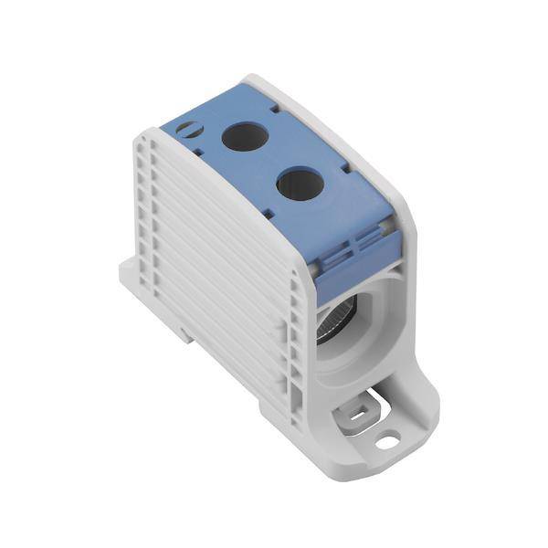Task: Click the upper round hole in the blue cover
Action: click(x=245, y=137)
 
